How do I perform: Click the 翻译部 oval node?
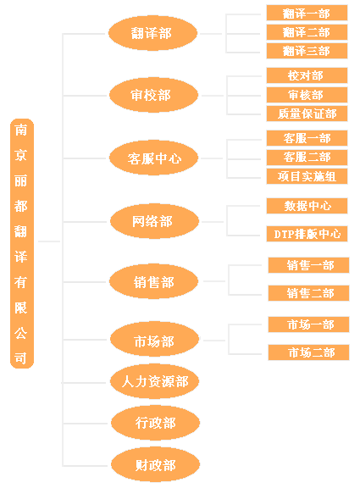(152, 33)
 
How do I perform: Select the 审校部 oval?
(153, 95)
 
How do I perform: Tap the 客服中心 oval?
(153, 158)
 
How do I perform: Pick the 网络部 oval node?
(155, 221)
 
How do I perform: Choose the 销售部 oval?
(153, 281)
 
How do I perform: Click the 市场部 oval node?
(155, 340)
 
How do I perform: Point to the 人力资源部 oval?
(155, 381)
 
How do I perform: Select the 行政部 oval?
(155, 423)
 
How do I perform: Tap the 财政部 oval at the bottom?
(155, 464)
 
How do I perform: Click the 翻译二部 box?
(307, 32)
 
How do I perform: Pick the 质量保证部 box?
(307, 114)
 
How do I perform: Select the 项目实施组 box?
(307, 176)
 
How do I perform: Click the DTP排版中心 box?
(307, 234)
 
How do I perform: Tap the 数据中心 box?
(307, 206)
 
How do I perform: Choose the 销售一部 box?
(308, 265)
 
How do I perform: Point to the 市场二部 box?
(308, 352)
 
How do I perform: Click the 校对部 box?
(307, 75)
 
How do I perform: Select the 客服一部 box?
(307, 138)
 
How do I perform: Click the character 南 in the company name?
(21, 130)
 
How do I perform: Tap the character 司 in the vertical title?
(20, 358)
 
